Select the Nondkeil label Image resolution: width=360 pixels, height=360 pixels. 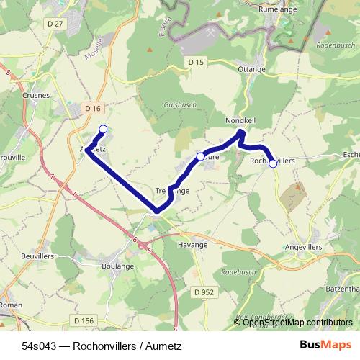click(x=240, y=120)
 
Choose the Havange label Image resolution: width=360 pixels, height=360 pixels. click(x=192, y=245)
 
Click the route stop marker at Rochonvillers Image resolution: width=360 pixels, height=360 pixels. click(x=273, y=163)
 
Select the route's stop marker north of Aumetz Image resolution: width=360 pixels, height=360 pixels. click(x=103, y=129)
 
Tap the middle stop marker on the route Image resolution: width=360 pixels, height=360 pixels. click(x=200, y=156)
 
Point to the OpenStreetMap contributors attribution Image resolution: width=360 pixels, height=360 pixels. click(x=297, y=323)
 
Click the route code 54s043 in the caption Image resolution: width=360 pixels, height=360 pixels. click(x=38, y=346)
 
